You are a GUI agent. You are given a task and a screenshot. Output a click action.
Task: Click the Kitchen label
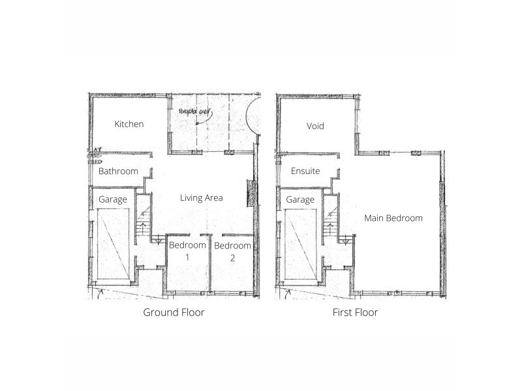(x=129, y=124)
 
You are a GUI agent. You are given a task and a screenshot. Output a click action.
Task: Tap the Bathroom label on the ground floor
(x=118, y=171)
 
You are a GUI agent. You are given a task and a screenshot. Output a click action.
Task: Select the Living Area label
(x=202, y=197)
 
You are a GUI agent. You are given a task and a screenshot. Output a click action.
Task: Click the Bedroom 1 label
(x=188, y=246)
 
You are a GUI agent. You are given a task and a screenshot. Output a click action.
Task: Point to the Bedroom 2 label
(x=232, y=246)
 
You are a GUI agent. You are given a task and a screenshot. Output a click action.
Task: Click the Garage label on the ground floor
(x=112, y=199)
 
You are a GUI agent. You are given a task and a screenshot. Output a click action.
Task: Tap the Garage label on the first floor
(x=300, y=199)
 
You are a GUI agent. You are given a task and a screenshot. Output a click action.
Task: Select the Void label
(x=315, y=126)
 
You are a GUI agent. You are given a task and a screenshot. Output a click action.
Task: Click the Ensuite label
(x=305, y=171)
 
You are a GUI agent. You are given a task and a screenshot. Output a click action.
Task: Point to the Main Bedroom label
(x=393, y=218)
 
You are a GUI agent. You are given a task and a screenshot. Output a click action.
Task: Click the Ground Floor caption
(x=174, y=313)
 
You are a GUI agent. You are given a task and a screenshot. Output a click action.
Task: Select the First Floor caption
(x=354, y=313)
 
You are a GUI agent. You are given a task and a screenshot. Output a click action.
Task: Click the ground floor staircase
(x=143, y=225)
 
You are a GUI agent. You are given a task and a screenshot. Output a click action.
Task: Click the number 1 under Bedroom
(x=187, y=257)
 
